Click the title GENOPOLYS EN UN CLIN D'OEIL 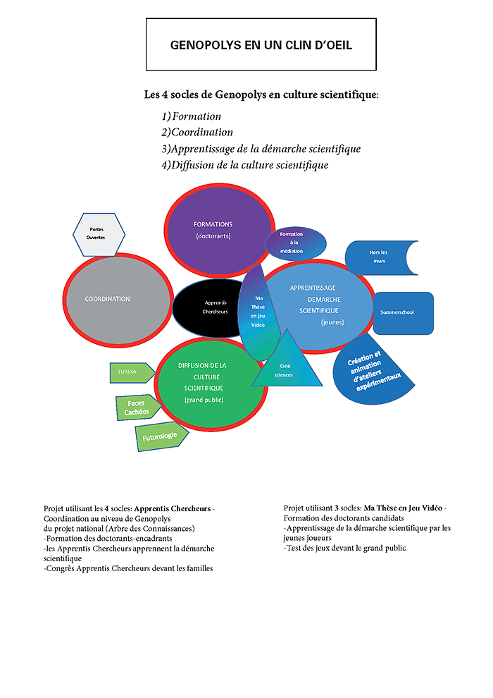261,45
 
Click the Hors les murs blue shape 381,258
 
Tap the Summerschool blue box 402,312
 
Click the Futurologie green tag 161,437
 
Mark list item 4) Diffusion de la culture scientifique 244,166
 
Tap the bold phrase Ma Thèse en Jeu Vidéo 404,508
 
